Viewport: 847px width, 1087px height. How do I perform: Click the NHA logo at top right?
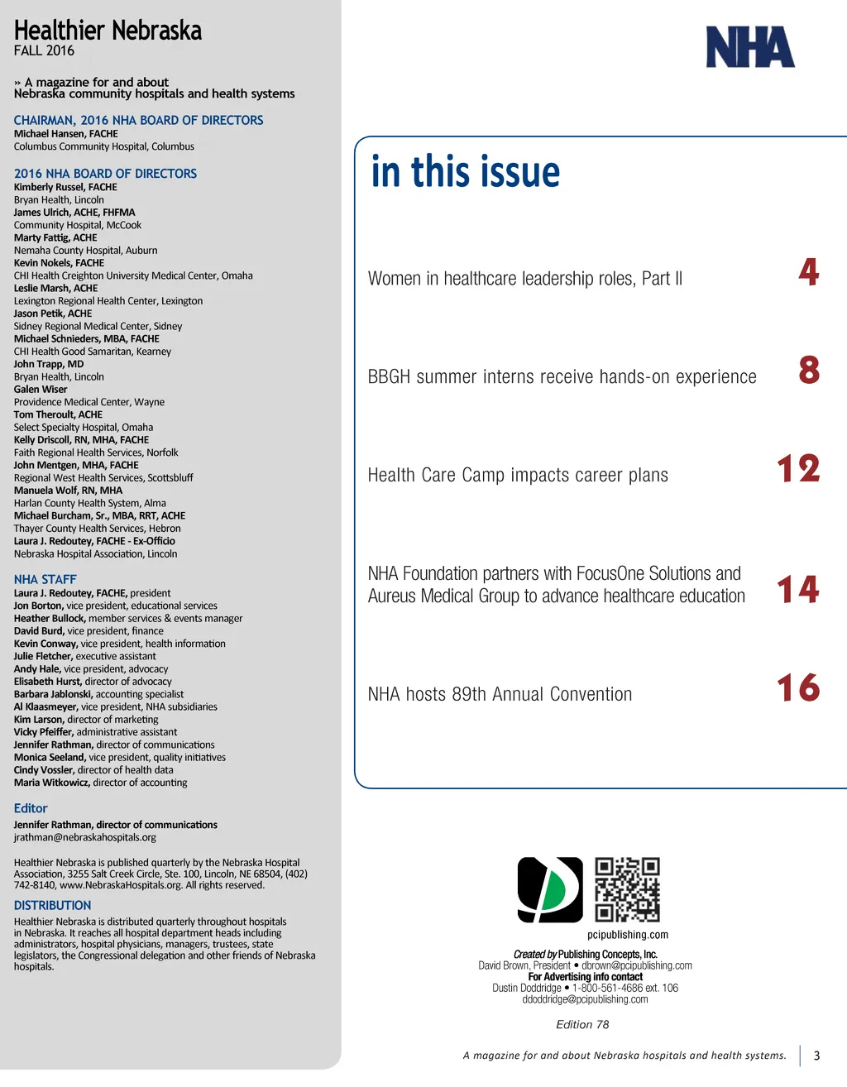[x=749, y=47]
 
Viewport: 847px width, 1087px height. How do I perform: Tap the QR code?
[x=628, y=889]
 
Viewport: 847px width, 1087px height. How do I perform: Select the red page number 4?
[x=809, y=272]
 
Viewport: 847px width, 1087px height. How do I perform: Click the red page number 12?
[x=798, y=469]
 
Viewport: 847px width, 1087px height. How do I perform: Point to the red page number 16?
[x=798, y=688]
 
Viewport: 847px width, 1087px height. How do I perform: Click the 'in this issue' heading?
[x=466, y=172]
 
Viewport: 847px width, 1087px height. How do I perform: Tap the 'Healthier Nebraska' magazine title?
[x=108, y=31]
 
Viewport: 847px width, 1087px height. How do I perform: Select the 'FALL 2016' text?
[x=44, y=50]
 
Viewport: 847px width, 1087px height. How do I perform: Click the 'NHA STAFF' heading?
[x=45, y=579]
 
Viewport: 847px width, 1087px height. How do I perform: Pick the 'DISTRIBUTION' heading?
[x=52, y=905]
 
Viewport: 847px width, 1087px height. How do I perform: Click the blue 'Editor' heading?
[x=31, y=808]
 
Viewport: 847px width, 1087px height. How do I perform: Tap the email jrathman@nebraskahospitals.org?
[x=84, y=837]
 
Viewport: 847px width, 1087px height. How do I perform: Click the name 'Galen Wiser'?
[x=41, y=389]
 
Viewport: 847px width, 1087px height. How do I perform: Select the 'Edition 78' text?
[x=582, y=1024]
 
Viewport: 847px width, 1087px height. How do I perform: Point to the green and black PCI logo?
[x=550, y=889]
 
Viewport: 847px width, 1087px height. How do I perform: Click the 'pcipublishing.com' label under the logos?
[x=628, y=935]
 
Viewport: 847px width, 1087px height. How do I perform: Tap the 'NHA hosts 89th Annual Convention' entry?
[x=500, y=694]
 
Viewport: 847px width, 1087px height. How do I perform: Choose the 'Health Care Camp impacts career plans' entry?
[x=518, y=475]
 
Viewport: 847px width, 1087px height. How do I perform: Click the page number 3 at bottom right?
[x=816, y=1056]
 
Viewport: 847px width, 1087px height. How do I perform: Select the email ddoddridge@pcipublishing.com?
[x=585, y=999]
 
